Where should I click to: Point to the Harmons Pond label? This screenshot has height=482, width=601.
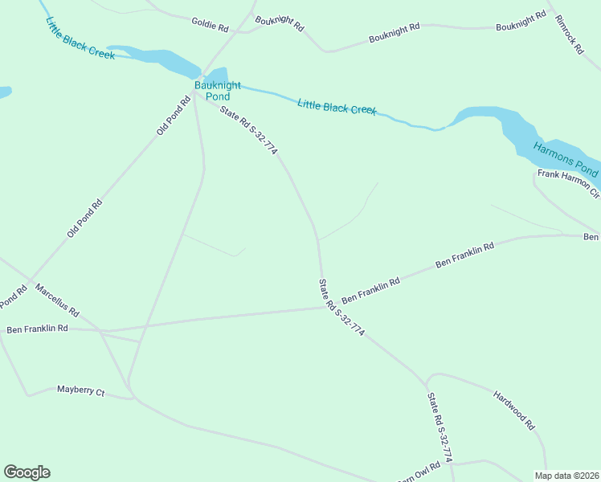[x=566, y=158]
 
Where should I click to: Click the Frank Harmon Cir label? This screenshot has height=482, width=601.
[x=568, y=183]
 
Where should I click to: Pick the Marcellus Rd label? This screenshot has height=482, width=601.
[x=57, y=299]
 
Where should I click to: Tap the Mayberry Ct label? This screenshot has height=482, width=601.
[x=81, y=390]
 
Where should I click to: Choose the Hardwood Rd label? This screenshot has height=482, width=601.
[x=514, y=410]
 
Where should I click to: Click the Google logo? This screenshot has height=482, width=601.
[x=27, y=472]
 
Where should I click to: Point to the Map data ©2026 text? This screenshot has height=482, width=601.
[x=566, y=476]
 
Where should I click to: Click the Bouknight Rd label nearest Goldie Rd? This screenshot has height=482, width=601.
[x=280, y=23]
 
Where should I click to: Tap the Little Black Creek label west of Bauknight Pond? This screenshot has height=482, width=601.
[x=80, y=39]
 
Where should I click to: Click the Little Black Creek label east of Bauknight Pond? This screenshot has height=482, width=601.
[x=337, y=106]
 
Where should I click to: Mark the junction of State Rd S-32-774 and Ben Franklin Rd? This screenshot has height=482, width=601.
[x=323, y=306]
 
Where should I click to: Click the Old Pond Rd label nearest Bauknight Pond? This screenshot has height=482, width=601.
[x=173, y=114]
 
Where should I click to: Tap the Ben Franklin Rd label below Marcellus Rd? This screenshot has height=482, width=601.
[x=38, y=329]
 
